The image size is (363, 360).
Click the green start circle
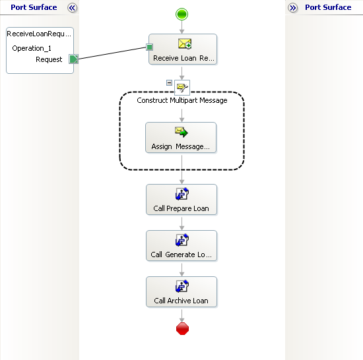181,15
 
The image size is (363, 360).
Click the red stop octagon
182,328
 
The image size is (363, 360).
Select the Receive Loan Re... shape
183,49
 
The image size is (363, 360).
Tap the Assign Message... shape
181,138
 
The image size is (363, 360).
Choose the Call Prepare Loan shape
181,200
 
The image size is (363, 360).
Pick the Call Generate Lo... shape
181,245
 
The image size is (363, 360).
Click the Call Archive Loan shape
181,292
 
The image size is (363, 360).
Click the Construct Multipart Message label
182,100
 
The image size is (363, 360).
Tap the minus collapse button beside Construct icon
169,82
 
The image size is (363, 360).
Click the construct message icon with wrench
182,88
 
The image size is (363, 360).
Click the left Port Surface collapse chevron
72,8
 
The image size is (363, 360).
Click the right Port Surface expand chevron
293,8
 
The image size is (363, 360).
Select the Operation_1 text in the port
32,48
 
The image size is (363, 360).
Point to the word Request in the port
49,59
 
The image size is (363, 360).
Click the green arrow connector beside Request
74,59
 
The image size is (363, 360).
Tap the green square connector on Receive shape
150,47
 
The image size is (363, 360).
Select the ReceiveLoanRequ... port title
39,34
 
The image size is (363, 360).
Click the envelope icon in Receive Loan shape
185,44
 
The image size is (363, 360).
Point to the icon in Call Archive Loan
182,286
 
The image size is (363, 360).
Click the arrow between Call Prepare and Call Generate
181,224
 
